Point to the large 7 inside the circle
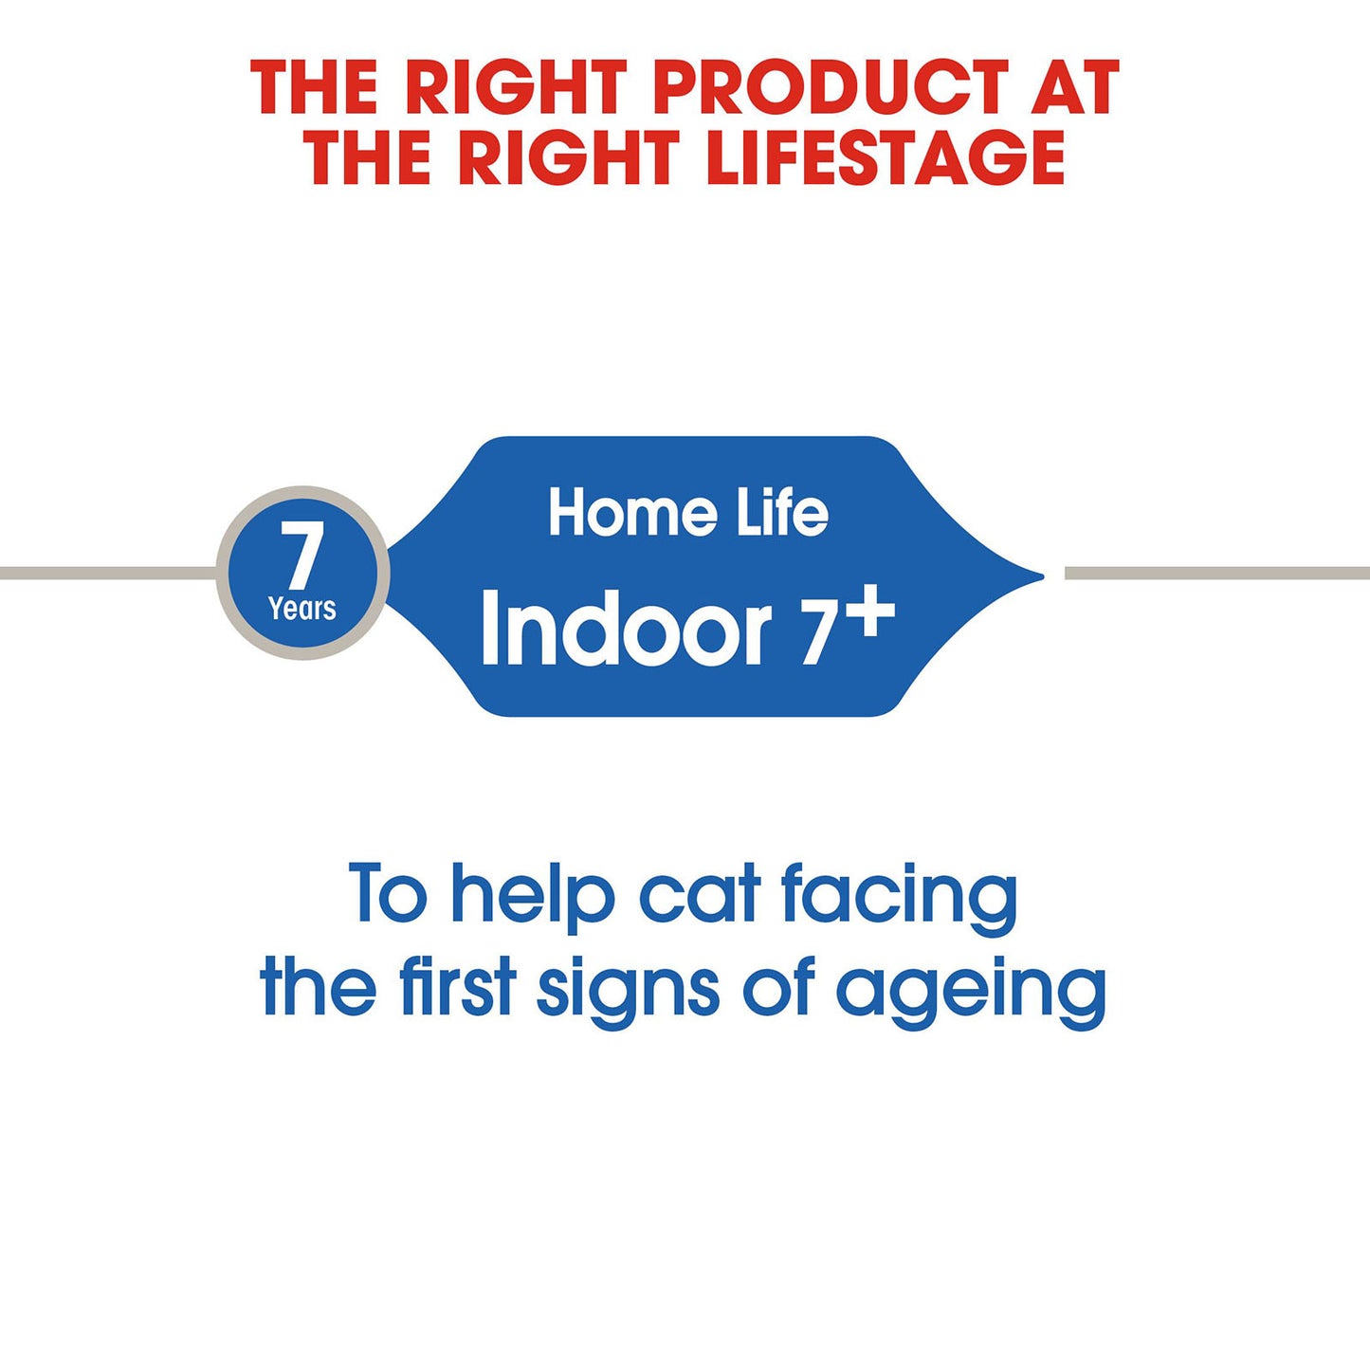[302, 557]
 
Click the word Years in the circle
[302, 609]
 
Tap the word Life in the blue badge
[782, 513]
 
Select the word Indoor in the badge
[626, 630]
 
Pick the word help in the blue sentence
[533, 895]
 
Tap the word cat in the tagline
[700, 895]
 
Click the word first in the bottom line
[458, 986]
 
